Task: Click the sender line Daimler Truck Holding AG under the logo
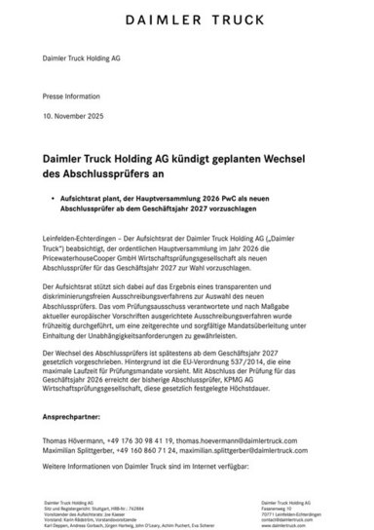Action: [80, 59]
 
